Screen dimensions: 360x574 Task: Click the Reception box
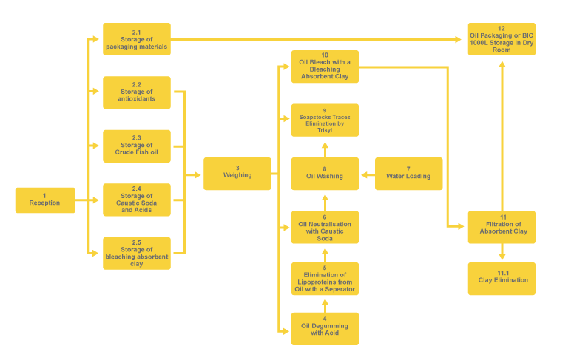[x=44, y=200]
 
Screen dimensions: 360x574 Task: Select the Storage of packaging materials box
[x=136, y=39]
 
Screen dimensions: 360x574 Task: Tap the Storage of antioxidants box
[x=136, y=93]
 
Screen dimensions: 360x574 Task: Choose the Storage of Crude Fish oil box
[x=136, y=146]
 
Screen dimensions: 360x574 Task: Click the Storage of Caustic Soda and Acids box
[x=136, y=200]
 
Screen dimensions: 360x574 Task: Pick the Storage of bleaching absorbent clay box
[x=136, y=254]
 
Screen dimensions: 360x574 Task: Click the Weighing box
[x=237, y=174]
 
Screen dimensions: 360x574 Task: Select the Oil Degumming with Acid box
[x=325, y=328]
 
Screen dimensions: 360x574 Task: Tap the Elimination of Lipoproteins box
[x=325, y=279]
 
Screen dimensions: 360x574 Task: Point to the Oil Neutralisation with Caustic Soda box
[x=325, y=228]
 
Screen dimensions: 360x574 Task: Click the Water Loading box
[x=408, y=174]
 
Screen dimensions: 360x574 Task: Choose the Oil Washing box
[x=325, y=174]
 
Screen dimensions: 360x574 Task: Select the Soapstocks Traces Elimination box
[x=325, y=120]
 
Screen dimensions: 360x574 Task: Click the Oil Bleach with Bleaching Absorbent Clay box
[x=325, y=67]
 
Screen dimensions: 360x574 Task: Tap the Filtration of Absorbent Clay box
[x=501, y=228]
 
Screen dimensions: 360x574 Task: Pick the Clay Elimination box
[x=501, y=279]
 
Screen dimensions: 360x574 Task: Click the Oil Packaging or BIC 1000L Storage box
[x=501, y=39]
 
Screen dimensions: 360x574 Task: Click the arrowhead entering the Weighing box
[x=197, y=175]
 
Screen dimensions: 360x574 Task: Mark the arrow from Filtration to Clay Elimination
[x=502, y=253]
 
